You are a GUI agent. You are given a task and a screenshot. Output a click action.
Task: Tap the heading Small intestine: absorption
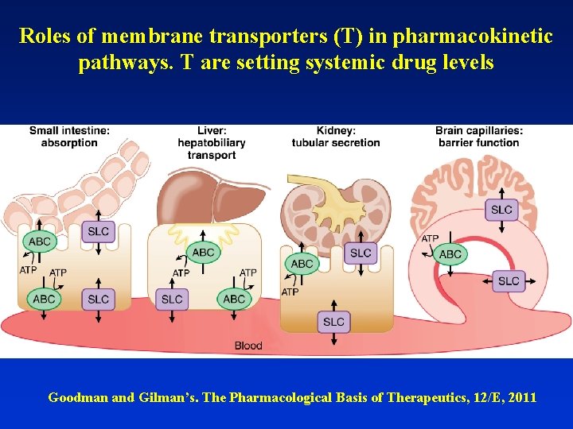click(70, 137)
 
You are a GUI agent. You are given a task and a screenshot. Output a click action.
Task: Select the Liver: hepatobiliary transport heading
click(212, 143)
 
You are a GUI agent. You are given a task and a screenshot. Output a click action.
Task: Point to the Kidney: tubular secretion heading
click(336, 137)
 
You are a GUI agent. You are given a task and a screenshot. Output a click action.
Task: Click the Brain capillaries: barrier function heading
click(478, 137)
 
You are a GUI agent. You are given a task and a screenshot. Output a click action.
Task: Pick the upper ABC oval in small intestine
click(39, 241)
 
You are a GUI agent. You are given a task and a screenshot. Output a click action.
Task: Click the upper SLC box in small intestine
click(99, 231)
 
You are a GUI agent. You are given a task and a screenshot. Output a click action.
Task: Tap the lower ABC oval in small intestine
click(44, 299)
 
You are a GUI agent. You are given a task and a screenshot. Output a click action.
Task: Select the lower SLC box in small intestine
click(99, 299)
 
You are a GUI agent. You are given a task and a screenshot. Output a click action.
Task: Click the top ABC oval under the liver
click(203, 252)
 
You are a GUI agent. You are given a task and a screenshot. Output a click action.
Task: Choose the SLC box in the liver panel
click(172, 299)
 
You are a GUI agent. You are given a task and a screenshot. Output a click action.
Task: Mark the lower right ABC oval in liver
click(234, 299)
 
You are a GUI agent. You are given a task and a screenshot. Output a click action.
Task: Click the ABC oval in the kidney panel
click(302, 264)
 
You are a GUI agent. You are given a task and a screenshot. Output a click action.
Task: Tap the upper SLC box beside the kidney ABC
click(361, 253)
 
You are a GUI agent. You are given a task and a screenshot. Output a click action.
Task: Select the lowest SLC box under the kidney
click(334, 321)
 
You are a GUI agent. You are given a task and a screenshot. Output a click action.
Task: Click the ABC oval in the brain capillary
click(450, 254)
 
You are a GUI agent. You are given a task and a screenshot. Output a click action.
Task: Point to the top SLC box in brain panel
click(501, 210)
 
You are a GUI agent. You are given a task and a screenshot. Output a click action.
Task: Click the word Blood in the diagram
click(248, 346)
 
